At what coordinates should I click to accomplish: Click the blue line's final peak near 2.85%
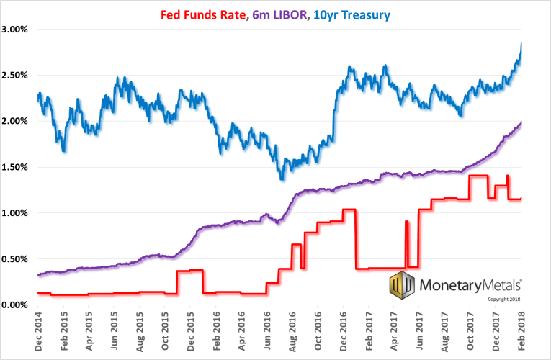(521, 43)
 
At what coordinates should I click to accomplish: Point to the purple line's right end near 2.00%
(521, 122)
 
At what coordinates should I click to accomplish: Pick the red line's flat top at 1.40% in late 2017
(478, 176)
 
